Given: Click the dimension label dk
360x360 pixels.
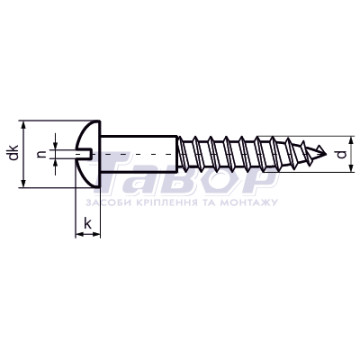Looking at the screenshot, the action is tap(14, 152).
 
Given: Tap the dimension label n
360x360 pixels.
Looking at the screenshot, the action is tap(41, 154).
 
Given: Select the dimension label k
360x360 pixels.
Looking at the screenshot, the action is tap(87, 224).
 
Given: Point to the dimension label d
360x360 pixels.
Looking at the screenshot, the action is tap(342, 154).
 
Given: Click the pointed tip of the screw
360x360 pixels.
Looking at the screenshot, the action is tap(326, 154).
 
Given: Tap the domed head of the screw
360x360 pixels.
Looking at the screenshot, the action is tap(88, 154).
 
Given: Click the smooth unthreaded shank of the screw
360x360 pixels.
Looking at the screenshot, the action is tap(139, 154).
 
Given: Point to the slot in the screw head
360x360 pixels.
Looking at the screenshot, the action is tap(85, 154).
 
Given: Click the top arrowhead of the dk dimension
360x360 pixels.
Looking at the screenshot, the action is tap(23, 125).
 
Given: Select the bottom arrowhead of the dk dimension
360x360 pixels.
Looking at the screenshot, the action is tap(23, 183).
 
